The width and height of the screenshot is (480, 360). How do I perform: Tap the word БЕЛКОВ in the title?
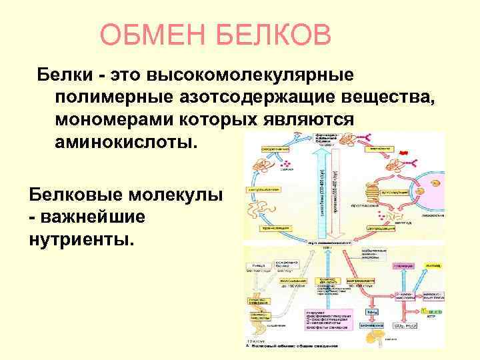tap(275, 35)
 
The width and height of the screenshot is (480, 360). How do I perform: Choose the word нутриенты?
tap(81, 238)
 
